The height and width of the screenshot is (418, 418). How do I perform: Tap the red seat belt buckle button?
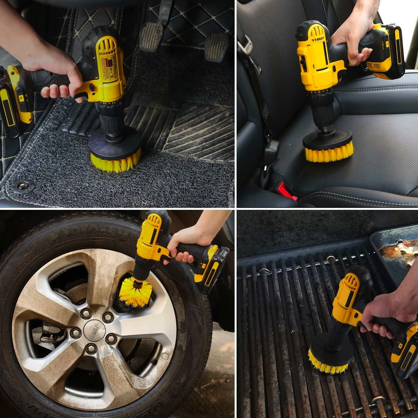(287, 191)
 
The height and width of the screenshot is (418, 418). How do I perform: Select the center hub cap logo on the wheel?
(94, 330)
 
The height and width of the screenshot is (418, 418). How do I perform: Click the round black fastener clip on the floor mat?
(23, 186)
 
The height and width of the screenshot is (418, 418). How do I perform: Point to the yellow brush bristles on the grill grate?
(328, 367)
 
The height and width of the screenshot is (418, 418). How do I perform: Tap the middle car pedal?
(151, 37)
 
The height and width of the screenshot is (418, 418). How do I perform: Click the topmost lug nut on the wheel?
(86, 313)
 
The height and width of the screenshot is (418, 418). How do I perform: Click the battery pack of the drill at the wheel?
(211, 270)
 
